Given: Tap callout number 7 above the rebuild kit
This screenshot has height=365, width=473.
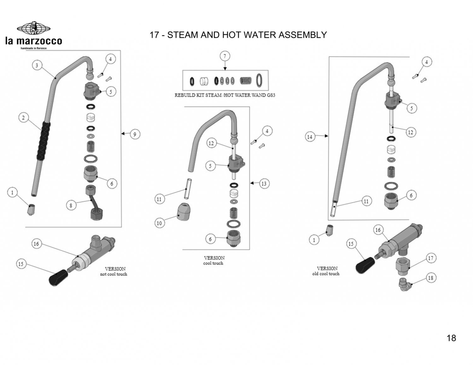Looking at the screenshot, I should [x=225, y=56].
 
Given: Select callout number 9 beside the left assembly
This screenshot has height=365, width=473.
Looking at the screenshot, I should [x=135, y=134].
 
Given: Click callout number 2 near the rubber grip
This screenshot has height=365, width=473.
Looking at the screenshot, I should [x=23, y=118].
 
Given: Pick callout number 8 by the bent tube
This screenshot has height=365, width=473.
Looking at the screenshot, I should [x=71, y=205].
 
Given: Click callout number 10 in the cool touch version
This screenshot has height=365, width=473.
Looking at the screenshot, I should [x=159, y=223].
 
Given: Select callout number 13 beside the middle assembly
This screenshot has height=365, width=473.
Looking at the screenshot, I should [x=264, y=184].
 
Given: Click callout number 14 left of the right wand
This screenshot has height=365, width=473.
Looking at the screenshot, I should [x=310, y=137].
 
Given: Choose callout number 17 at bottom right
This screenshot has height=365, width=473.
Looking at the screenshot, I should [x=430, y=258].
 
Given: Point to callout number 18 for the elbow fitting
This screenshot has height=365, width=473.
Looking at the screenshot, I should [x=430, y=278].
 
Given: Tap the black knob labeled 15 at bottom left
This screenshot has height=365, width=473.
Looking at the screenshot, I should [x=59, y=277].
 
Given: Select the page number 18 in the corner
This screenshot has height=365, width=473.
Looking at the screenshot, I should [x=451, y=338].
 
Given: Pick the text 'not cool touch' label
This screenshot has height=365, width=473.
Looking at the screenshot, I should [x=114, y=274].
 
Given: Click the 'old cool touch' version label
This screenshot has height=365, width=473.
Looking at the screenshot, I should [x=326, y=274].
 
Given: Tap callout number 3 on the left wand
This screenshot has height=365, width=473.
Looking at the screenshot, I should [x=37, y=66].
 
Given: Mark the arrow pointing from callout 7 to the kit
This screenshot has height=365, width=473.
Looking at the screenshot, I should [x=225, y=66].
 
